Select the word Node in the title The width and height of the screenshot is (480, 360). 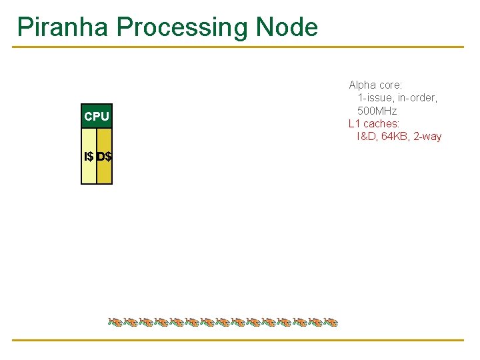pos(287,27)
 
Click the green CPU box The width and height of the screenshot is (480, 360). pos(97,117)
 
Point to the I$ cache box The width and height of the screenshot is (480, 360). pos(89,157)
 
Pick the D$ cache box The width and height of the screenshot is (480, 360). pos(105,157)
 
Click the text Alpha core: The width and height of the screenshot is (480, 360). pos(375,85)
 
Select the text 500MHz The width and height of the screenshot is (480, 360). pos(377,111)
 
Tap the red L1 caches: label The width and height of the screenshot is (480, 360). pos(374,123)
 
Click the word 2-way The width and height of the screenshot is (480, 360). pos(427,137)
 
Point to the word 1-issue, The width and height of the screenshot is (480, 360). pos(375,98)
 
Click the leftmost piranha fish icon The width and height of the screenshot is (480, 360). pos(115,323)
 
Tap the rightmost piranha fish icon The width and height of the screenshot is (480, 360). pos(331,323)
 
